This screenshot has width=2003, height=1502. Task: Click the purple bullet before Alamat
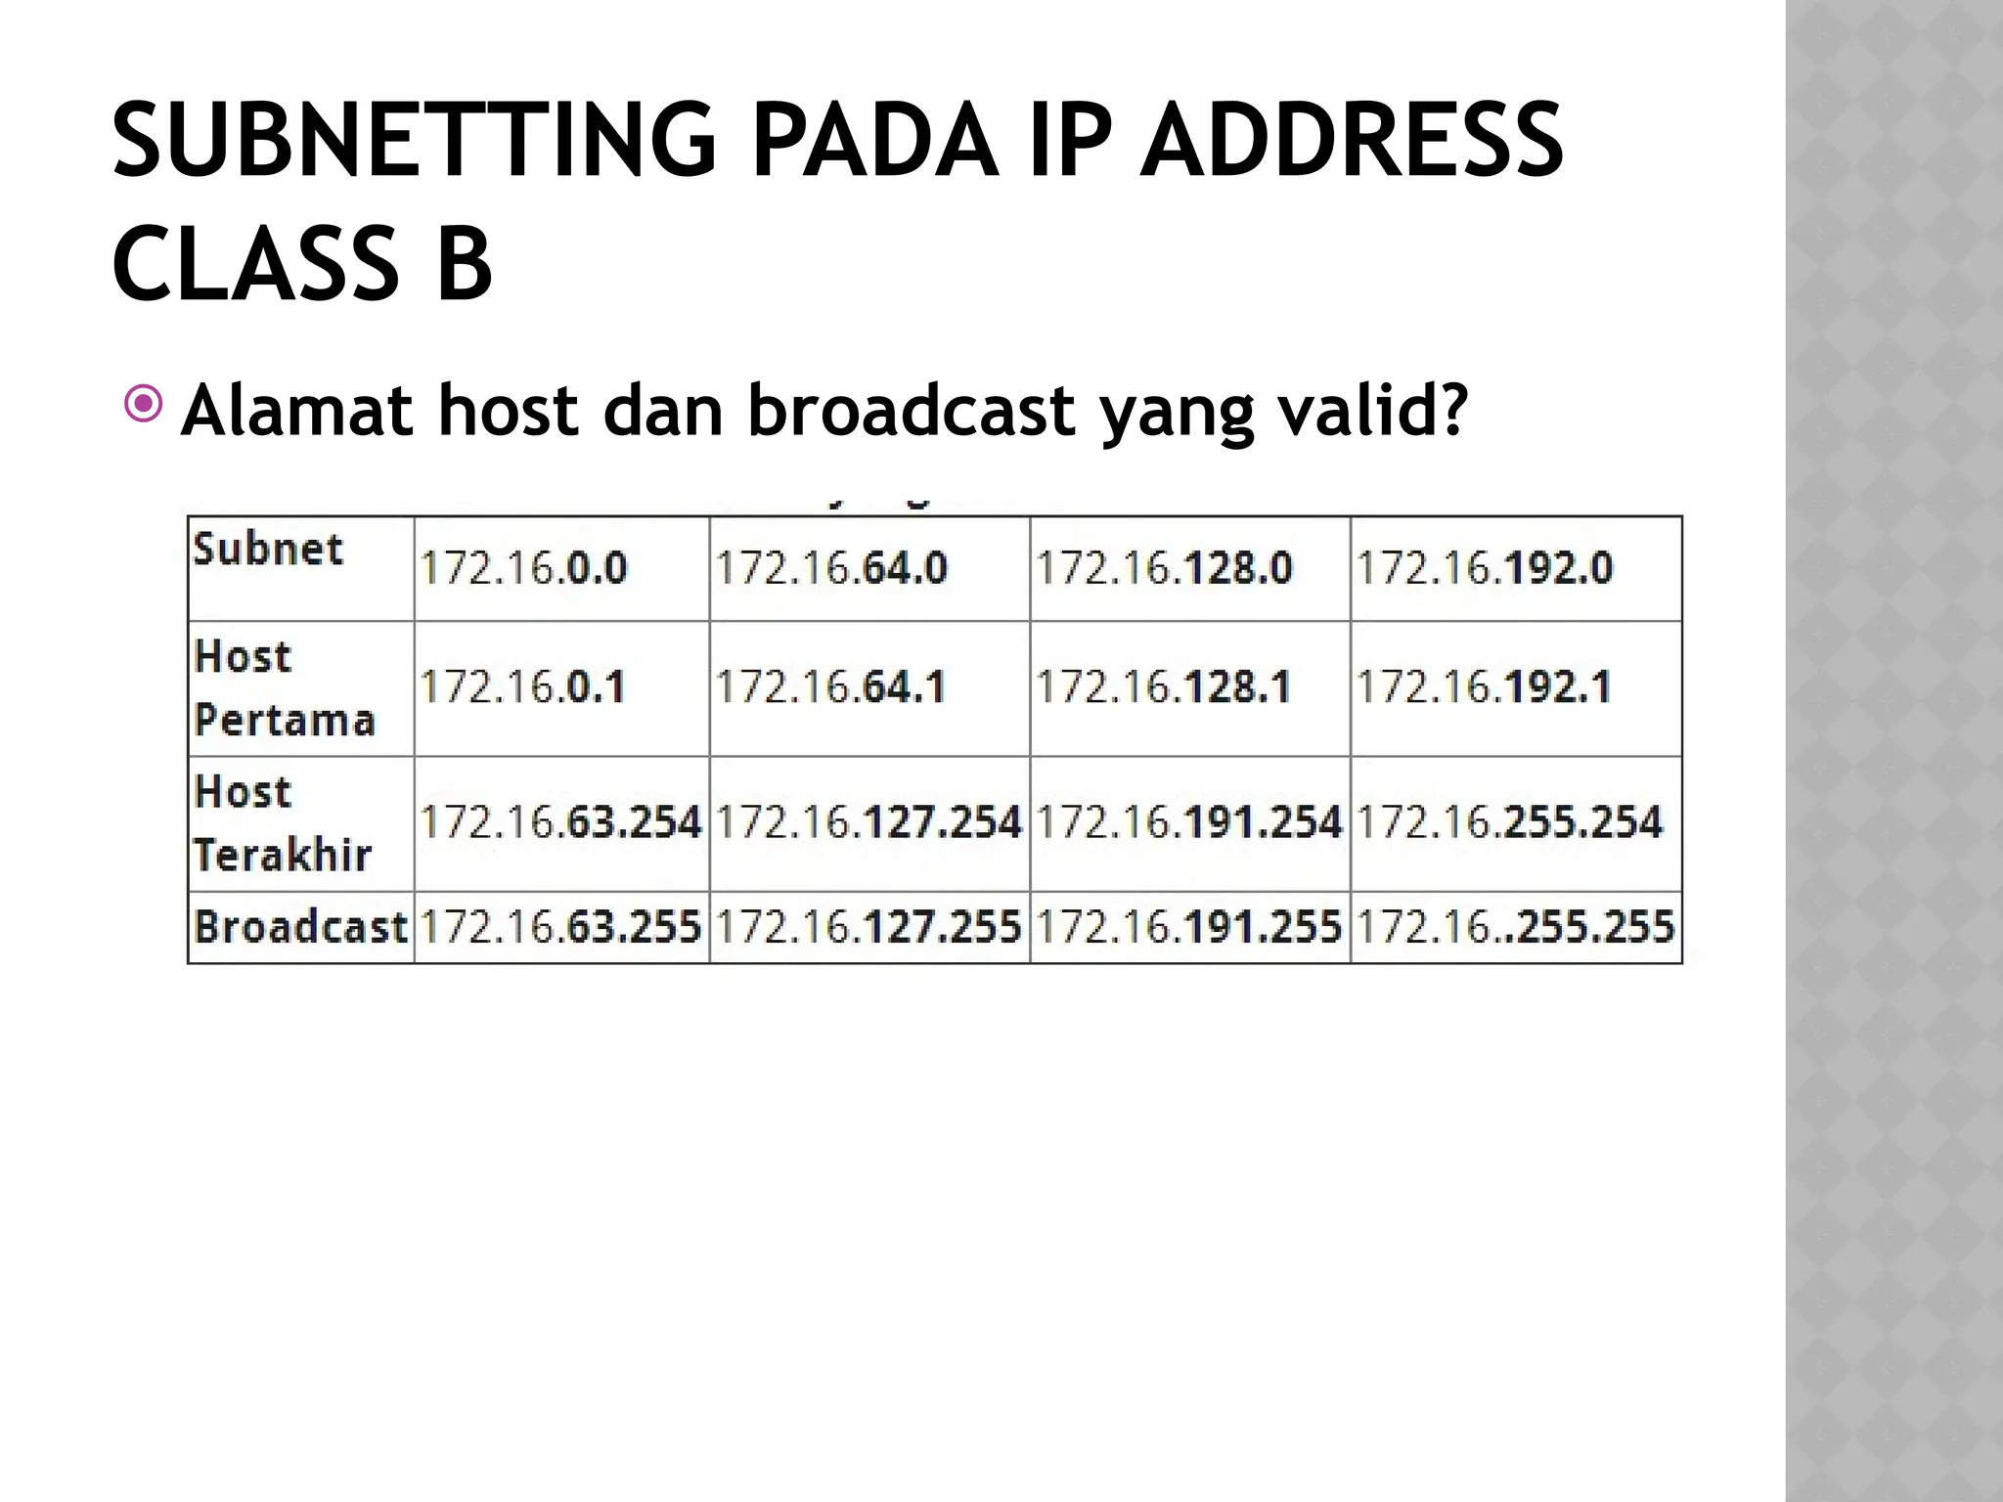[x=144, y=404]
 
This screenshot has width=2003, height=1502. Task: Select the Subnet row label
[x=268, y=550]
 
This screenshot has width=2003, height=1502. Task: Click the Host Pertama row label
[x=284, y=688]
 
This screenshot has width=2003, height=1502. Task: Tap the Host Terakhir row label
[x=282, y=823]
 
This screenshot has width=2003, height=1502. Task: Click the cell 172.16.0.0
[x=523, y=568]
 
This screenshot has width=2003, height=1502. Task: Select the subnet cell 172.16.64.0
[x=831, y=568]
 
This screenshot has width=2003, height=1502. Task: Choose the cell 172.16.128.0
[x=1164, y=568]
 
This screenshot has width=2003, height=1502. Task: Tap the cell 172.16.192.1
[x=1484, y=687]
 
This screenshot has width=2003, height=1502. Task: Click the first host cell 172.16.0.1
[x=522, y=687]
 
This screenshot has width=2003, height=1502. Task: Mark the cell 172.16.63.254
[x=560, y=822]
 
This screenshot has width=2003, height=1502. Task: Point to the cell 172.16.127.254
[x=868, y=822]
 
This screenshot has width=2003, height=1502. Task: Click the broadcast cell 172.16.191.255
[x=1188, y=927]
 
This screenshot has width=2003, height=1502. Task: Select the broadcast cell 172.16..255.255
[x=1515, y=927]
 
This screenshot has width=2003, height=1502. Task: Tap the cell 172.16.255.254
[x=1509, y=822]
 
